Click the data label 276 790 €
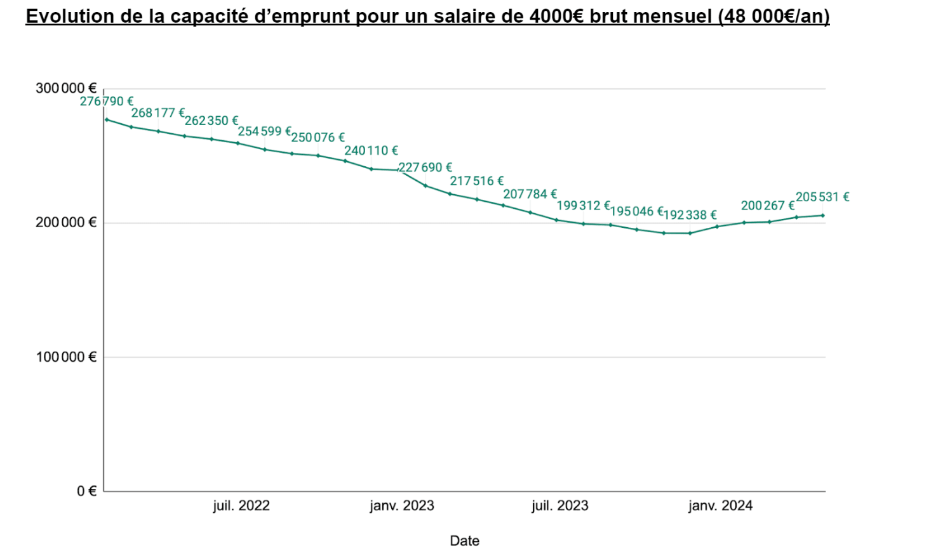pos(106,102)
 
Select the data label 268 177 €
pos(157,113)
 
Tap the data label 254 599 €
pos(264,131)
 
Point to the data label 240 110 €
pos(371,151)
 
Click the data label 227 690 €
pos(425,168)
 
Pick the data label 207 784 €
pos(530,194)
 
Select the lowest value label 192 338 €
pos(690,215)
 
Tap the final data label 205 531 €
pos(822,197)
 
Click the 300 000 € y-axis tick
pos(66,88)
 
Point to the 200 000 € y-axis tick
pos(66,223)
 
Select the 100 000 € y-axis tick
pos(66,357)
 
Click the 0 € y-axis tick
pos(87,491)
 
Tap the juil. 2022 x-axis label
pos(241,506)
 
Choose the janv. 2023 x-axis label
pos(402,506)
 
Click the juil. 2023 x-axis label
pos(560,506)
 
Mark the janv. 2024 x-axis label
pos(721,506)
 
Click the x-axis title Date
pos(464,541)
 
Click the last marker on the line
pos(823,216)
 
